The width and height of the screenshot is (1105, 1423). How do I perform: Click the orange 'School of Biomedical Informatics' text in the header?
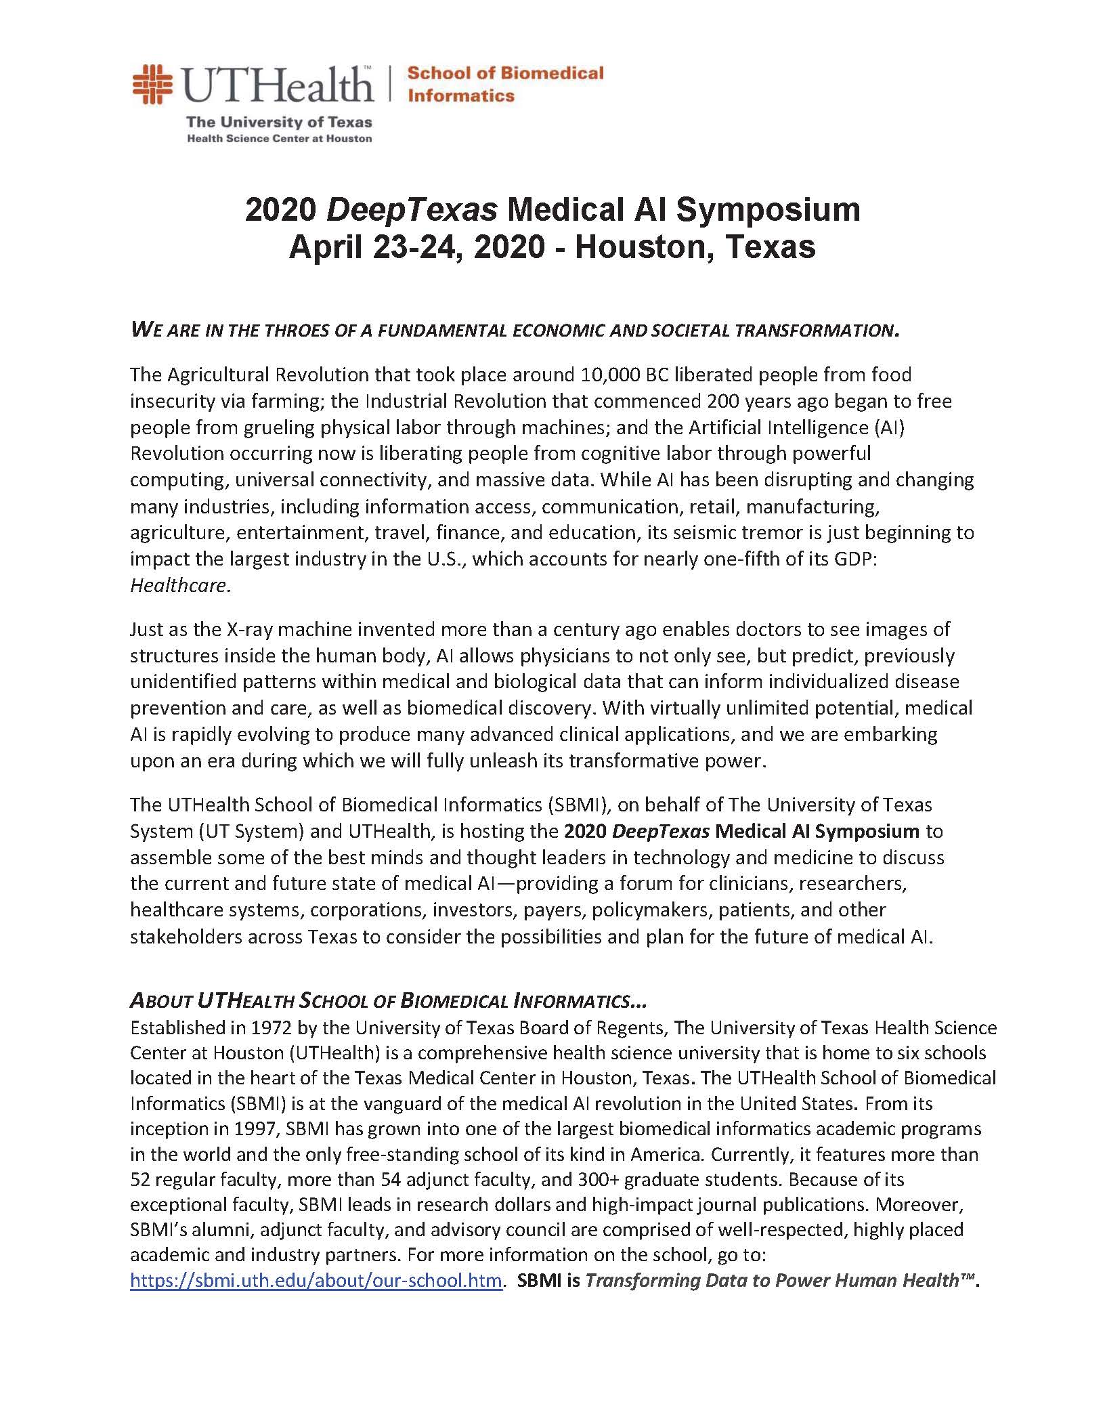tap(504, 84)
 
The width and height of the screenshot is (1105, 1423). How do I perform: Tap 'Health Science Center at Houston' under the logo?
tap(279, 138)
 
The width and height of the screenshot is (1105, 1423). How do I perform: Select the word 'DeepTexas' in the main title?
tap(412, 210)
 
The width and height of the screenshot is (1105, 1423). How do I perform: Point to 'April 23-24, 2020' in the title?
tap(416, 247)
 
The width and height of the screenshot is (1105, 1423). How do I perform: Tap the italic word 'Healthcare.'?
tap(181, 585)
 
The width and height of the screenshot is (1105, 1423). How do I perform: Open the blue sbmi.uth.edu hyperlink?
tap(316, 1281)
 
